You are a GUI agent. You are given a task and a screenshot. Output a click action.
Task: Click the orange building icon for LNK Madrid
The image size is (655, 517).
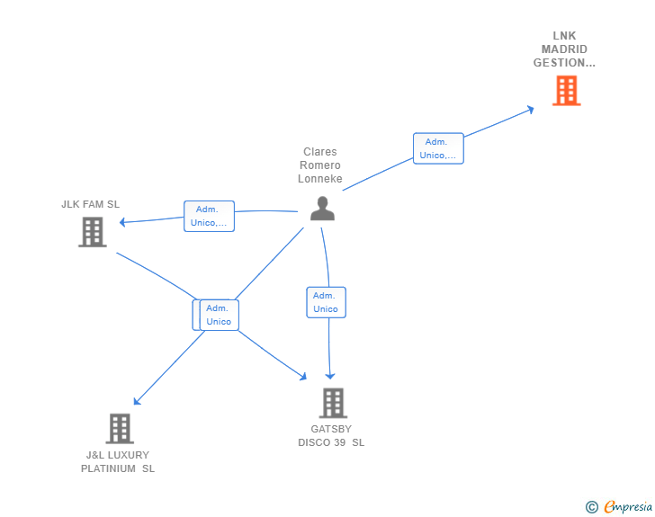pos(567,91)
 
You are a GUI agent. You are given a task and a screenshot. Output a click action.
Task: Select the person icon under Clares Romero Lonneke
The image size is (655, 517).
pos(322,208)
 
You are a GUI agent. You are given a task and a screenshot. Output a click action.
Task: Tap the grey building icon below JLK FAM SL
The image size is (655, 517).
pos(93,232)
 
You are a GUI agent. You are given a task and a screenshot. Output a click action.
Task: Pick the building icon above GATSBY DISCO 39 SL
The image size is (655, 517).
pos(333,403)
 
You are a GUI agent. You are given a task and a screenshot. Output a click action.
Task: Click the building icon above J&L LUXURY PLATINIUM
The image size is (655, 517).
pos(120,429)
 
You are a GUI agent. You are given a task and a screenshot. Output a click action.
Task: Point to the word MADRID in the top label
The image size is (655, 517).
pos(564,49)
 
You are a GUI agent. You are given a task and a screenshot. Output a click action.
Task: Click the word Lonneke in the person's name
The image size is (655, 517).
pos(320,179)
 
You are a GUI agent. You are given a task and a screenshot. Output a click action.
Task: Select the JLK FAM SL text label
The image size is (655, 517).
pos(90,204)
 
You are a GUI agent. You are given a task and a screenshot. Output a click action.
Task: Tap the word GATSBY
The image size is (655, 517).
pos(331,429)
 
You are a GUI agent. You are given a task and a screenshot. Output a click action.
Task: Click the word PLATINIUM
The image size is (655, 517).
pos(108,468)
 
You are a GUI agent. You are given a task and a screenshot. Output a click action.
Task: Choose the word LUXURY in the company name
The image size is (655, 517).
pos(129,455)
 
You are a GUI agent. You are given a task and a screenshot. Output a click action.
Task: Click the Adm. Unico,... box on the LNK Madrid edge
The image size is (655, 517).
pos(438,148)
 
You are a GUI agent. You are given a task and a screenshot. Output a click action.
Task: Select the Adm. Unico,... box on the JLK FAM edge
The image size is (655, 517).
pos(209,216)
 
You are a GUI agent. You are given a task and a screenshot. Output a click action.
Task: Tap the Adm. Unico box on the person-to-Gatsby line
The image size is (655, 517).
pos(326,302)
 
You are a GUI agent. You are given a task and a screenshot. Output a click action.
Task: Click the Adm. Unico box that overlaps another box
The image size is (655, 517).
pos(219,315)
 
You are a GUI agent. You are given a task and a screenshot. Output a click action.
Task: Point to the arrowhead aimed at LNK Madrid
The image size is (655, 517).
pos(531,110)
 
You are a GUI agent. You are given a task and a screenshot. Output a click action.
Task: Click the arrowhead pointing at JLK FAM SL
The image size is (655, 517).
pos(122,222)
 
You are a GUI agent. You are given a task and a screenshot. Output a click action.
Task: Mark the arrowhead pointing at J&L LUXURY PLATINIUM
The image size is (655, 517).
pos(137,401)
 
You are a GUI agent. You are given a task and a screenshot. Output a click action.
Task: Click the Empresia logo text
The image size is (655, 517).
pos(628,506)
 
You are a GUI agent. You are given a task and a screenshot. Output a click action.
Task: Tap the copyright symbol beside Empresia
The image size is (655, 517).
pos(592,507)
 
